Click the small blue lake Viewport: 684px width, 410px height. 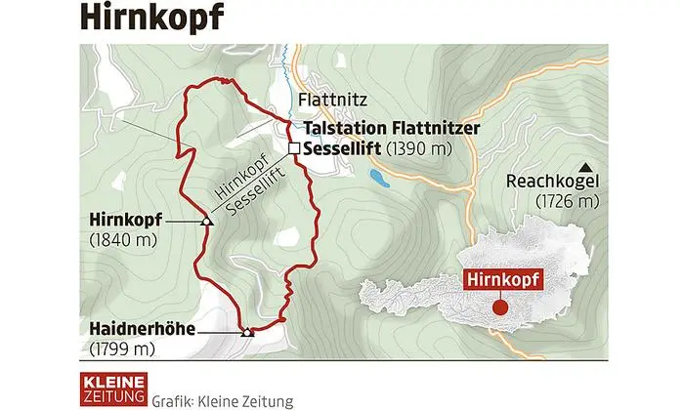pos(377,177)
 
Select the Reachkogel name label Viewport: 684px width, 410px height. pos(552,183)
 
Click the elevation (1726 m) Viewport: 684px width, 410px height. pos(567,201)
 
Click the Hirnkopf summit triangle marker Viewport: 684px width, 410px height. pos(206,222)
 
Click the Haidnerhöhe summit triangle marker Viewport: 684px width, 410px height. pos(247,332)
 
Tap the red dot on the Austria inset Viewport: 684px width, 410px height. pos(500,307)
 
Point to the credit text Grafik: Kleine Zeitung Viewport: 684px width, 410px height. pos(224,398)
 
